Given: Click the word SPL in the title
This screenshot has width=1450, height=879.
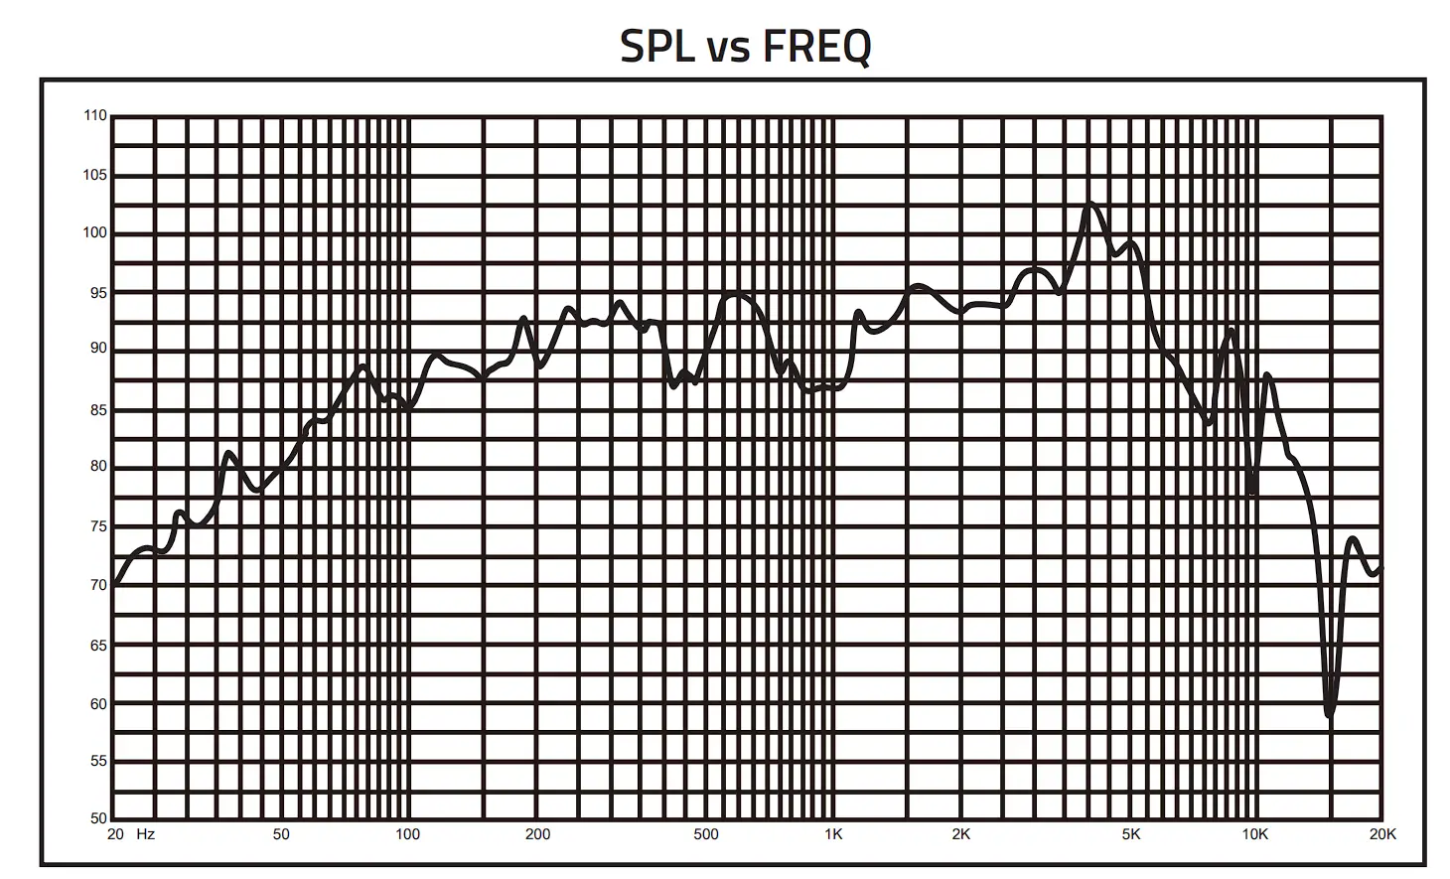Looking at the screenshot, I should [x=656, y=46].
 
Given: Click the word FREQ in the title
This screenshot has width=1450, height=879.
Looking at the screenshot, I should [x=817, y=46].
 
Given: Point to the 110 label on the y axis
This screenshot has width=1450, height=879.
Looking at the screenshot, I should [x=94, y=116].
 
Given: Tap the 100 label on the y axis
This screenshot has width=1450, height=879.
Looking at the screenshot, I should [x=94, y=233].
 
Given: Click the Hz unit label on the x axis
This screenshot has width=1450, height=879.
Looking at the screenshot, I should [x=146, y=834].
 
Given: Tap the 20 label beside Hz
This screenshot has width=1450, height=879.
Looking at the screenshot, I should [x=116, y=834].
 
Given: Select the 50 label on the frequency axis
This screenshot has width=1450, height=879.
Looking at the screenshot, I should [x=281, y=834].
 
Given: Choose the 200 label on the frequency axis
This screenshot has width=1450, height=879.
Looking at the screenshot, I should [x=537, y=834].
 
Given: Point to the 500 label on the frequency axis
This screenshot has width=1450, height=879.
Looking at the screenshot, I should [x=706, y=834].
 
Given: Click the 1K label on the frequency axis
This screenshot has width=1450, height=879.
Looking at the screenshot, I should [x=833, y=834].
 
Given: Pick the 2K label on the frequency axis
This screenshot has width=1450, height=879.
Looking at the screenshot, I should [x=961, y=834].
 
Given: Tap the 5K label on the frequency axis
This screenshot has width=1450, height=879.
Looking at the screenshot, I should [x=1131, y=834].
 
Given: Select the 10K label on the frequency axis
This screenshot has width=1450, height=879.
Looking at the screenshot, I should [x=1255, y=834].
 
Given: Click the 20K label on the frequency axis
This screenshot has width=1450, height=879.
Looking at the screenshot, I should [x=1382, y=834].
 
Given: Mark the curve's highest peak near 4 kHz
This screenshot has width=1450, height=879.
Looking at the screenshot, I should [x=1090, y=204].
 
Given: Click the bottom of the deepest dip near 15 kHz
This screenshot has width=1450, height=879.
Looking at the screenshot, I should [x=1330, y=713].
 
